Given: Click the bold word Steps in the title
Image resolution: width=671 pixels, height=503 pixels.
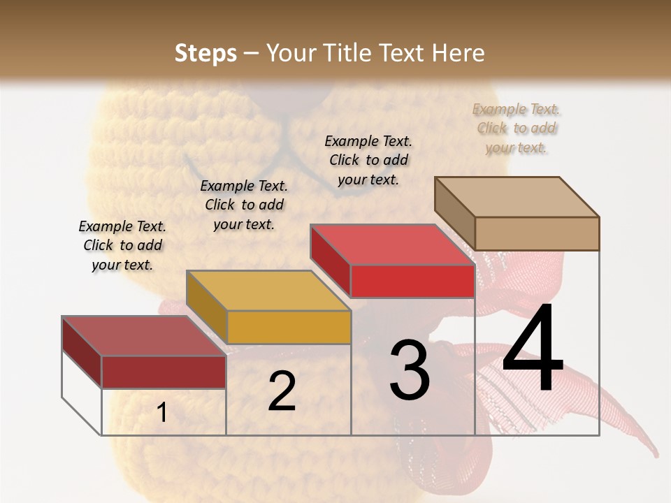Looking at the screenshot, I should (x=205, y=53).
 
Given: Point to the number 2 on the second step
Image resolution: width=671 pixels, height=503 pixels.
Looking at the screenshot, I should (x=282, y=391).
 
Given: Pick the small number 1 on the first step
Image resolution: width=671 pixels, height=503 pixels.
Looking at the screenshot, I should (x=162, y=413).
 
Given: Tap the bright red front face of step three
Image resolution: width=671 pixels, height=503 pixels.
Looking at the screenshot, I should (x=412, y=281).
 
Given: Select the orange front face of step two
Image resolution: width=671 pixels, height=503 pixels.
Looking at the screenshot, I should (x=289, y=327).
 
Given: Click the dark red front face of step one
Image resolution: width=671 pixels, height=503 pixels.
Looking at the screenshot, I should (x=164, y=372).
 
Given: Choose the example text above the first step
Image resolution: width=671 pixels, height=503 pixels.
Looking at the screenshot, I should (x=122, y=245).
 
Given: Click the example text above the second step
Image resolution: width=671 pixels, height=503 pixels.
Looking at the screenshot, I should (x=244, y=205).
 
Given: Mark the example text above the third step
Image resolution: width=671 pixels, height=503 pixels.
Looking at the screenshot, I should (x=368, y=160).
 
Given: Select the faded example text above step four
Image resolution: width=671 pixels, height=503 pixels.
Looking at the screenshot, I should (x=517, y=128).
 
